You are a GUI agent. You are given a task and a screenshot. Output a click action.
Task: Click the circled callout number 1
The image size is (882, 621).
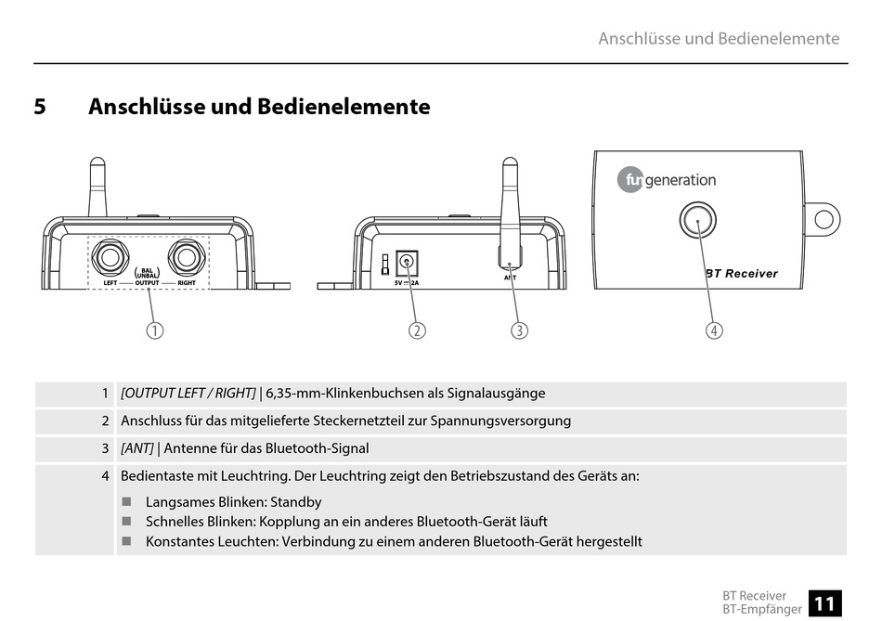tap(154, 330)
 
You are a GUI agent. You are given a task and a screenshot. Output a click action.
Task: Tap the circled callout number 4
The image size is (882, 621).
tap(714, 330)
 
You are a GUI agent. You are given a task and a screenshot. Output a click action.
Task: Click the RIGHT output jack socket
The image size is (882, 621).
tap(185, 258)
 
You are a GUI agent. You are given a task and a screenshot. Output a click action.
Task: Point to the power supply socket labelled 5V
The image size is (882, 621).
tap(406, 264)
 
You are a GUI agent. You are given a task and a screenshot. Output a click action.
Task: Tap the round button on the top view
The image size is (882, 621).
tap(697, 220)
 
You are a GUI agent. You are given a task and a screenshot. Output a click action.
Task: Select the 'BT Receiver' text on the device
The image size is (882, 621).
tap(742, 274)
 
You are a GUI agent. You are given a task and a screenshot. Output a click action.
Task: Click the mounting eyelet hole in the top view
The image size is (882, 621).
tap(824, 219)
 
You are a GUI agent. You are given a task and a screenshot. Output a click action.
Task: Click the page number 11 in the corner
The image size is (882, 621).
tap(824, 603)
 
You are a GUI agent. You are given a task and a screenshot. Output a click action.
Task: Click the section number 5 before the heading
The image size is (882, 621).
tap(40, 107)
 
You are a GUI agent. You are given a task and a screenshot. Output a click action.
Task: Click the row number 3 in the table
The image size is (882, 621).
tap(105, 448)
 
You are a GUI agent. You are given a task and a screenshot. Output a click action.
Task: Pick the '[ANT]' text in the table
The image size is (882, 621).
tap(137, 448)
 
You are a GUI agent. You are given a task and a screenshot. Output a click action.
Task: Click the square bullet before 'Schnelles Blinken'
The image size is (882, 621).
tap(127, 522)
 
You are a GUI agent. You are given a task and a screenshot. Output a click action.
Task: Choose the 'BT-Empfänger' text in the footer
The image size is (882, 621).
tap(762, 609)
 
